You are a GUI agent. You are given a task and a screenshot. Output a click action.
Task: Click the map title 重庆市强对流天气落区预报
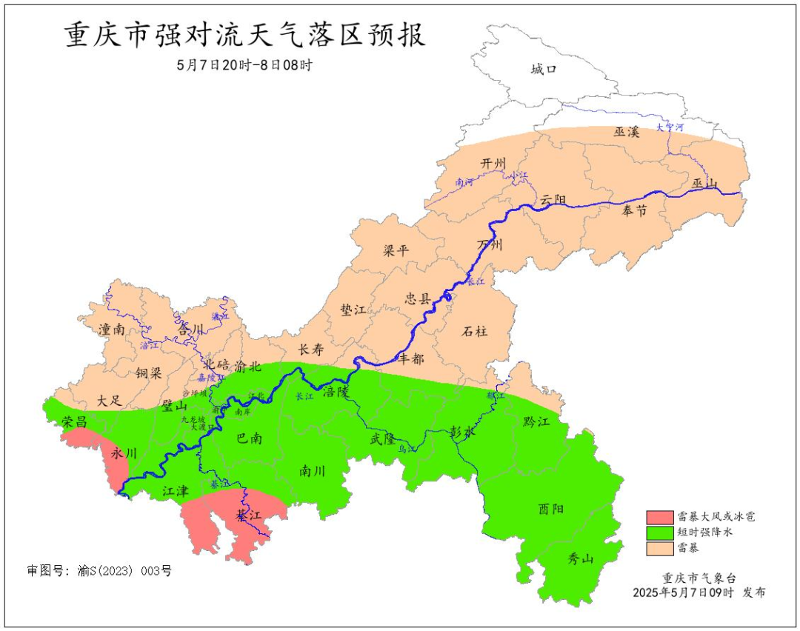pos(245,36)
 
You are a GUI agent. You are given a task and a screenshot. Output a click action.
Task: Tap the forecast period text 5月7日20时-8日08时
pos(244,65)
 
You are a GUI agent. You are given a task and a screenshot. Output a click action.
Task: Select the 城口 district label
pos(543,70)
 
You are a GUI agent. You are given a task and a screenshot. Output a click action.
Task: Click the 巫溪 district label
pos(626,132)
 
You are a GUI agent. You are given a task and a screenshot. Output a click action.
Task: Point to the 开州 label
pos(493,163)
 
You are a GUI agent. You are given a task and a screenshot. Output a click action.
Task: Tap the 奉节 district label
pos(634,211)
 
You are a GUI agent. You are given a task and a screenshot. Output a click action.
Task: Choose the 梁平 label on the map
pos(396,250)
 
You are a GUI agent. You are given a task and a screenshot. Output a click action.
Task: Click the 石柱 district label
pos(476,331)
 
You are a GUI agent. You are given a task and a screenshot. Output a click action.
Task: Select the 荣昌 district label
pos(75,422)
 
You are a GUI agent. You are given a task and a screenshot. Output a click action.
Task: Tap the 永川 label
pos(124,453)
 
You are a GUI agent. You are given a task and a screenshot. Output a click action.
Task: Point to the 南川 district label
pos(313,471)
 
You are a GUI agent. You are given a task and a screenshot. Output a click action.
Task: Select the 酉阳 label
pos(550,509)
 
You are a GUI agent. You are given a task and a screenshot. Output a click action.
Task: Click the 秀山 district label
pos(580,559)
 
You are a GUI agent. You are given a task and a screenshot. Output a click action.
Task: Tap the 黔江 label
pos(536,421)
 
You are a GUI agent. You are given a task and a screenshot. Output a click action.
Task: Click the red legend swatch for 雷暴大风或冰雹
pos(659,516)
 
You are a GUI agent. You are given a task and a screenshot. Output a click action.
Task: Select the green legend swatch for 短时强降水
pos(659,532)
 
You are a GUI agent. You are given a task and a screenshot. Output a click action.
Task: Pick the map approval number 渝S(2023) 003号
pos(99,571)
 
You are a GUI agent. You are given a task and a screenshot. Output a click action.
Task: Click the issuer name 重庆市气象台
pos(699,578)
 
